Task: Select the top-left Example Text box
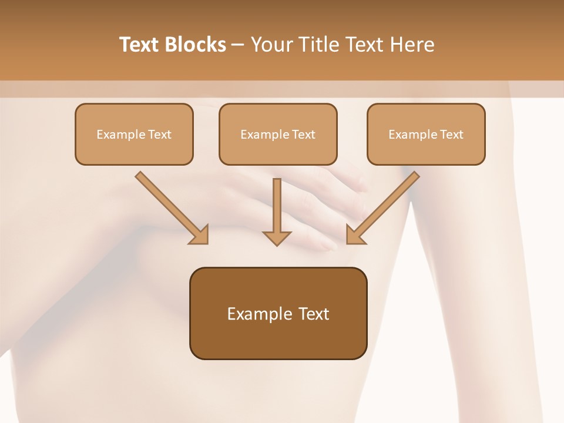(134, 134)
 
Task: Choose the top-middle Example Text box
(278, 134)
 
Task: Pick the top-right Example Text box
(426, 134)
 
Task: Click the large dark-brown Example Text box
(278, 313)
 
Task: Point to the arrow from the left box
(170, 207)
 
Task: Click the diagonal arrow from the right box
(384, 206)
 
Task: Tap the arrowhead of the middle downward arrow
(277, 237)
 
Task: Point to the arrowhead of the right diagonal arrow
(354, 236)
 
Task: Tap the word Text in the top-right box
(451, 135)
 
